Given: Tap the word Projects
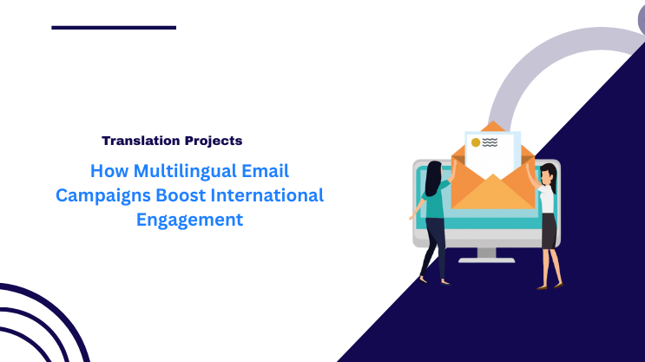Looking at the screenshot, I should tap(212, 140).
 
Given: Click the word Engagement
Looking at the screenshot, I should tap(189, 220).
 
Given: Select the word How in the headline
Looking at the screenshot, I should tap(108, 171).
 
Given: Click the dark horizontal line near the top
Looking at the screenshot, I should tap(114, 28).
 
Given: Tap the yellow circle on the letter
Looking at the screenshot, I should tap(475, 142).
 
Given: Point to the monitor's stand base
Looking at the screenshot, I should tap(486, 259).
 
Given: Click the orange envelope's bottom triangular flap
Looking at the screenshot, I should tap(493, 193).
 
